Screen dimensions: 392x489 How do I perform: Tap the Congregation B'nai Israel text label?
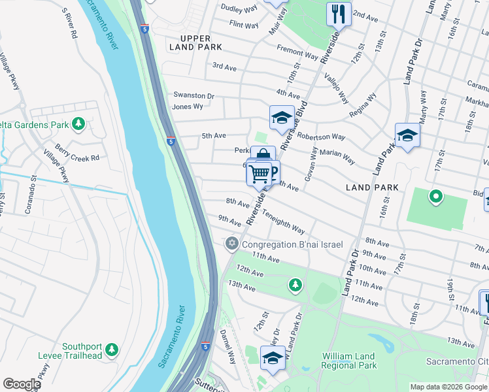292,244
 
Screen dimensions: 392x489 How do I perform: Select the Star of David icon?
231,244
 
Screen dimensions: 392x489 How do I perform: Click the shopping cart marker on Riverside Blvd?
260,174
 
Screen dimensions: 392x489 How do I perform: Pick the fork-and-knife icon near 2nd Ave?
338,14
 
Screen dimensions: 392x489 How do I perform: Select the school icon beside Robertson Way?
282,118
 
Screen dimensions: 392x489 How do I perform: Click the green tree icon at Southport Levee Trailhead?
112,350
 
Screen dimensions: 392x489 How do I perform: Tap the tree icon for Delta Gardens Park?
78,123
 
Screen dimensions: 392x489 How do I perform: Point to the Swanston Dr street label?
193,96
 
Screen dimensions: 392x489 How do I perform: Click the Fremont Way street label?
297,53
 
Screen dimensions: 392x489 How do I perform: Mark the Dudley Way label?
240,8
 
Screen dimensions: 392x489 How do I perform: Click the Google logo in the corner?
21,384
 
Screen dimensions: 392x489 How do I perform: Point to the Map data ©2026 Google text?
448,387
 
